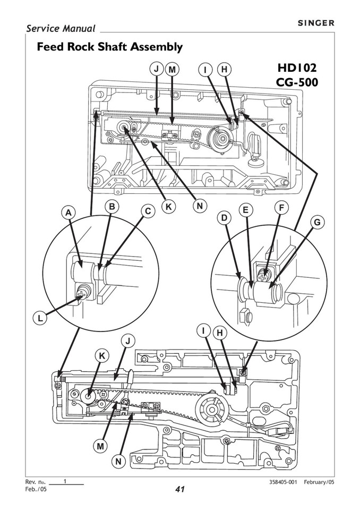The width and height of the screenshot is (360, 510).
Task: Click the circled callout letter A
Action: click(68, 212)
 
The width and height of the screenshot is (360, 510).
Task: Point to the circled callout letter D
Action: click(225, 218)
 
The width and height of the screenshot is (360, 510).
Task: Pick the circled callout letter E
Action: click(245, 210)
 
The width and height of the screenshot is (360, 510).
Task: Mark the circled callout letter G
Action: click(316, 223)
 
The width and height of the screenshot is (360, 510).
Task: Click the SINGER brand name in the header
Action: click(315, 23)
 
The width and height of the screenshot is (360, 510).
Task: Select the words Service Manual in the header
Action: click(61, 29)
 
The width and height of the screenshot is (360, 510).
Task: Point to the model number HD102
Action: click(297, 68)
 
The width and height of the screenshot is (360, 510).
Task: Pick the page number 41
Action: click(179, 489)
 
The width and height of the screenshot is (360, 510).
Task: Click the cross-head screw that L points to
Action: click(83, 291)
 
